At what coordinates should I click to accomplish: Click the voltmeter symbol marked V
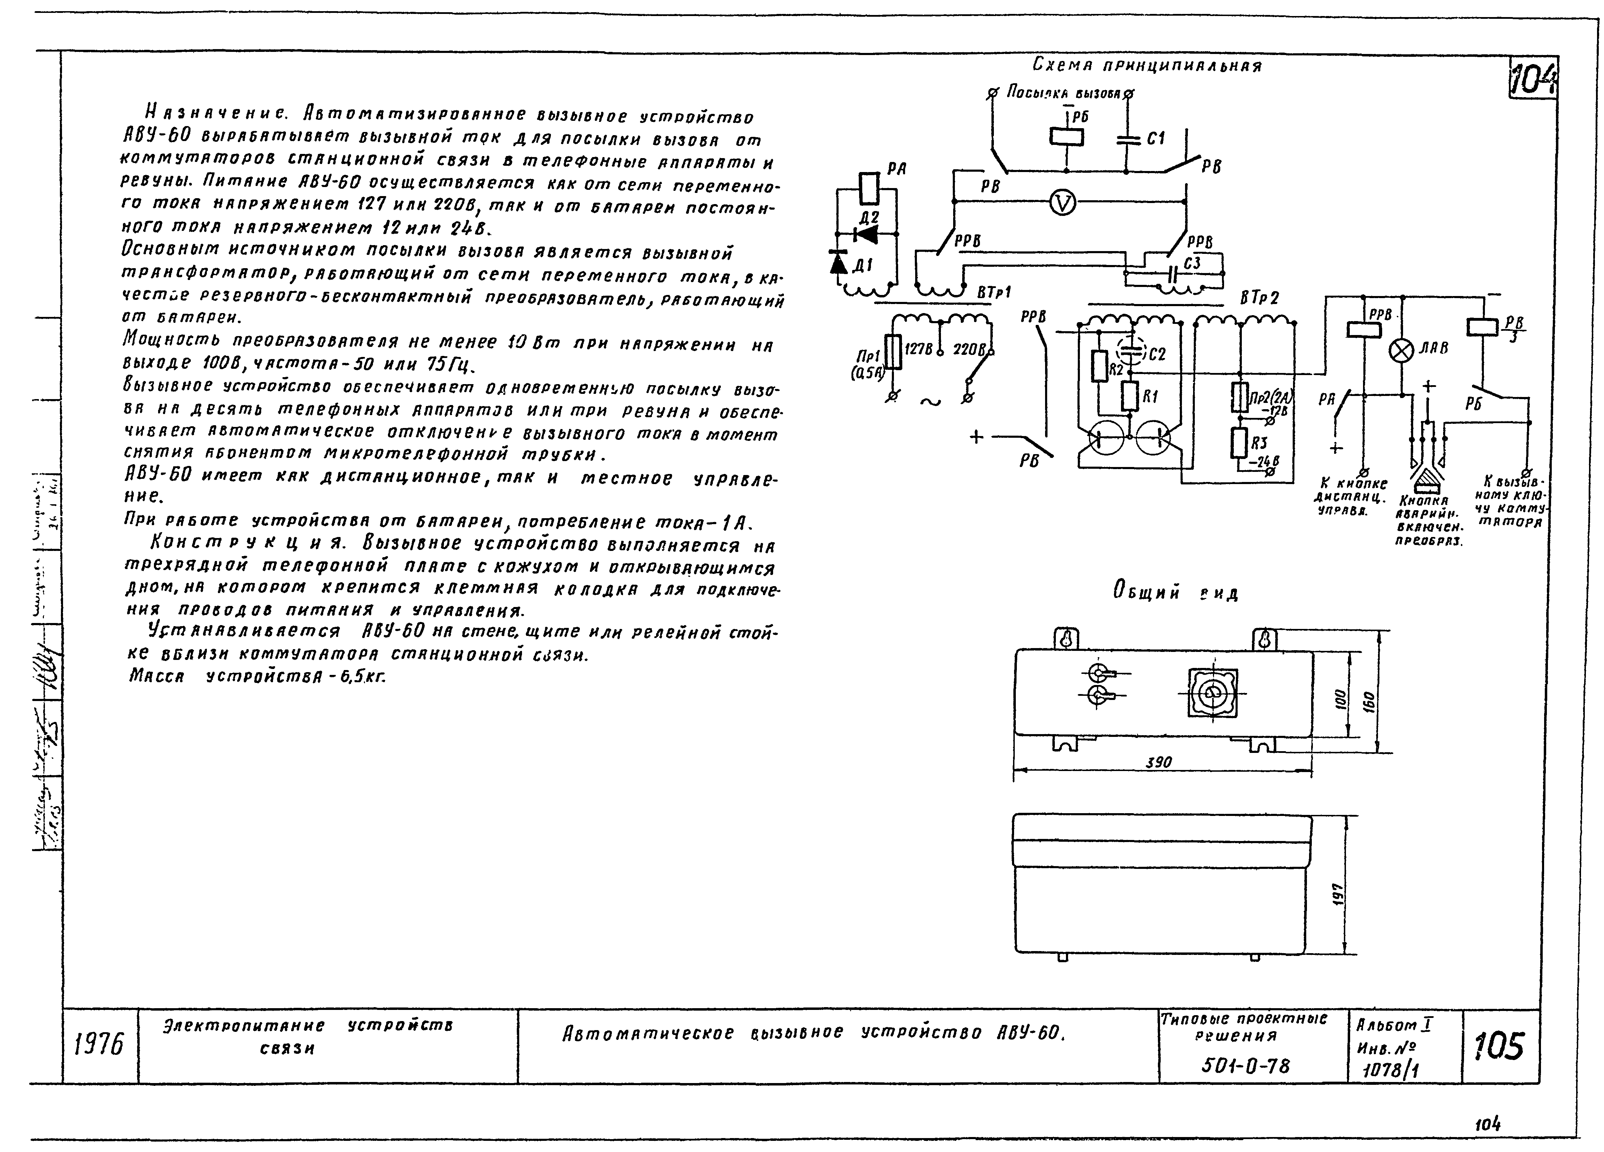[1062, 204]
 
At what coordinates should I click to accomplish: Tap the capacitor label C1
[1155, 139]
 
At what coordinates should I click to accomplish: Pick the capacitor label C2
[1157, 353]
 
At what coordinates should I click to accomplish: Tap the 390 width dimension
[1159, 762]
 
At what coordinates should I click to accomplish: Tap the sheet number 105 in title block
[1499, 1046]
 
